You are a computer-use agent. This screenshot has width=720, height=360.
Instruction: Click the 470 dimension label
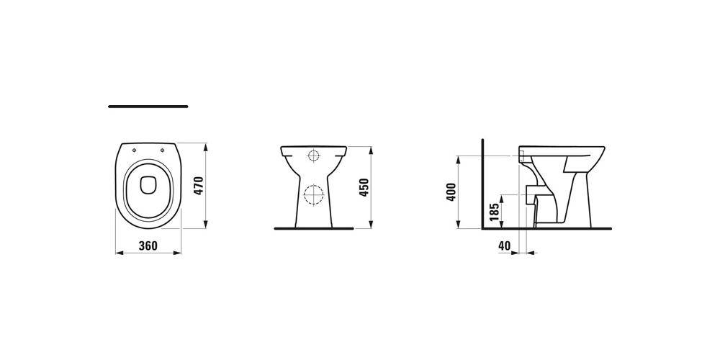tap(199, 186)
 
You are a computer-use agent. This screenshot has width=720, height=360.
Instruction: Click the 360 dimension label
tap(148, 246)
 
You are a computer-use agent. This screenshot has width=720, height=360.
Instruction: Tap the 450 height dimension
tap(364, 187)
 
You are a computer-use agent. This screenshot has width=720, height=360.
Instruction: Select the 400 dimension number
tap(451, 192)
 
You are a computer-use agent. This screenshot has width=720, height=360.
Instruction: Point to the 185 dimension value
tap(494, 212)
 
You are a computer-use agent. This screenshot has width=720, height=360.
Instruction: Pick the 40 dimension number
tap(504, 246)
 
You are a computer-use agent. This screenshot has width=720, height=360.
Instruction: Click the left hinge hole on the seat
tap(134, 150)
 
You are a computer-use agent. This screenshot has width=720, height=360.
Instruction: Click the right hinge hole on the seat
tap(163, 150)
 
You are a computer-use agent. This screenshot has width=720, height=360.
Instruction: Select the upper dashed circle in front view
tap(314, 156)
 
